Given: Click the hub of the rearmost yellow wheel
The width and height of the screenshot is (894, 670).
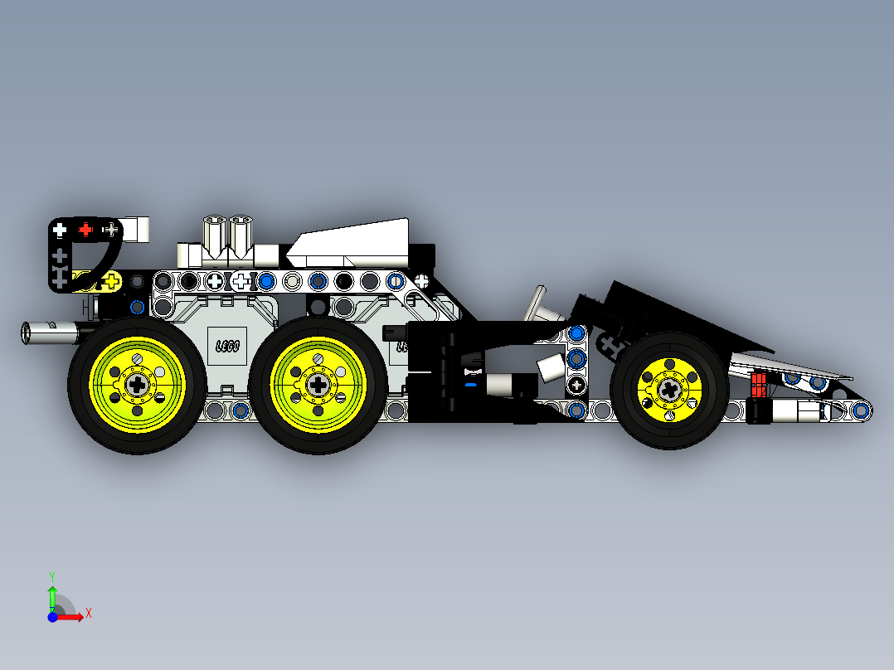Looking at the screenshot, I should coord(137,384).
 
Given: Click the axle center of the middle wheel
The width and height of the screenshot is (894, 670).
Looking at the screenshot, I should coord(318,384).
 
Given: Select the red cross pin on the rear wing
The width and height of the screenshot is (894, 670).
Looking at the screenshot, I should coord(84,229).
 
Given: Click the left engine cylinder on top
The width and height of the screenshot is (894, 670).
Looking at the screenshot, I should coord(214,234).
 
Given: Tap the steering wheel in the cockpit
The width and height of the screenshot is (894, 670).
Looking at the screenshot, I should coord(540,305).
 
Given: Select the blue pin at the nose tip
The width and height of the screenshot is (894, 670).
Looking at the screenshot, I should coord(862,409).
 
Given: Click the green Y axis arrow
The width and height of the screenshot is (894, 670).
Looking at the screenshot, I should coord(51,595).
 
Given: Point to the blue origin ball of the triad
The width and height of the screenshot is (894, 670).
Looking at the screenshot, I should coord(52,616).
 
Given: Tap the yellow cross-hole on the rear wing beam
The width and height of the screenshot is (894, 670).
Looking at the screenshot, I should coord(111,283).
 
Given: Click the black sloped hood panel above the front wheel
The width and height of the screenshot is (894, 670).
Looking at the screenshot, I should coord(680,315).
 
